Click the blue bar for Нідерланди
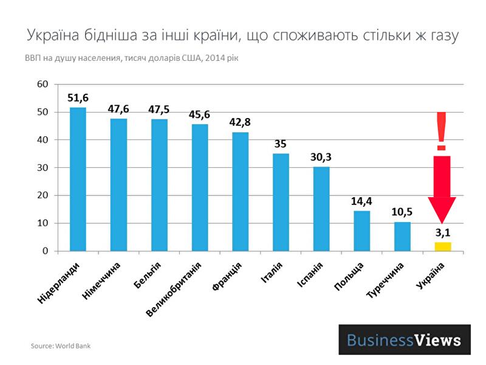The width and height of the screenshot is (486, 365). click(x=78, y=179)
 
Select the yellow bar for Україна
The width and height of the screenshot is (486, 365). click(x=442, y=246)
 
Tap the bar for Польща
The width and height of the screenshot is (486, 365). click(x=361, y=231)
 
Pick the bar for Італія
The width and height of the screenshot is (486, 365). click(x=281, y=202)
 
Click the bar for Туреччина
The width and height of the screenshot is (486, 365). click(x=402, y=236)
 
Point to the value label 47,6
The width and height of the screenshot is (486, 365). click(x=118, y=109)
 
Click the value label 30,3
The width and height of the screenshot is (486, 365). click(x=321, y=157)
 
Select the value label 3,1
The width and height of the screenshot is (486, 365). click(x=442, y=233)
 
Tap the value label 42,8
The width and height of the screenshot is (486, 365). click(x=240, y=122)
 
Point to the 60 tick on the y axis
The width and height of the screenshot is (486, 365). click(x=43, y=84)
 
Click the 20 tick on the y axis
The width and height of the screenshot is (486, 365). click(x=43, y=195)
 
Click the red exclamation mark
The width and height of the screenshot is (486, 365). click(x=442, y=131)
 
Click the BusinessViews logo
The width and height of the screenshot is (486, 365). click(x=404, y=339)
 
